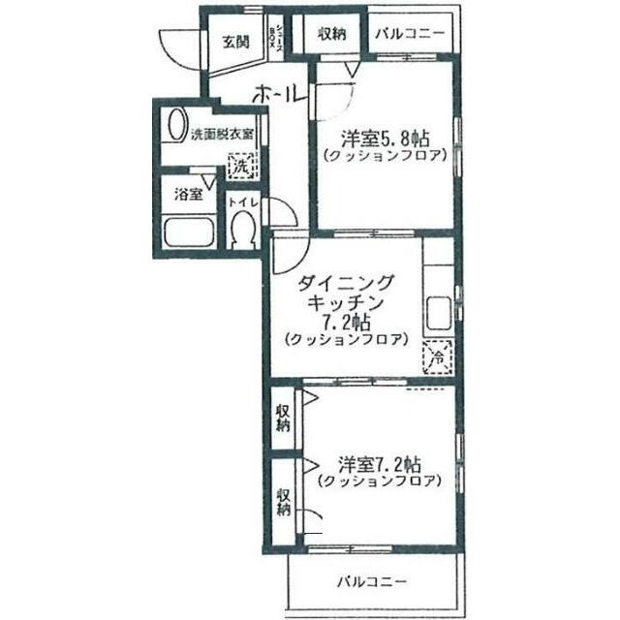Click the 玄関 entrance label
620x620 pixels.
tap(235, 42)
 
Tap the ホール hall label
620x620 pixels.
tap(280, 95)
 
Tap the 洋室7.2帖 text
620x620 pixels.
tap(379, 461)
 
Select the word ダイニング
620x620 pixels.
tap(346, 282)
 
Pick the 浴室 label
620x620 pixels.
tap(188, 194)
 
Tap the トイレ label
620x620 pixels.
tap(242, 202)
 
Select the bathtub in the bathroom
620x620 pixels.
tap(190, 233)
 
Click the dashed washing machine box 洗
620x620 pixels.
tap(239, 167)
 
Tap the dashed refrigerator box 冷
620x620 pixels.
tap(437, 358)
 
